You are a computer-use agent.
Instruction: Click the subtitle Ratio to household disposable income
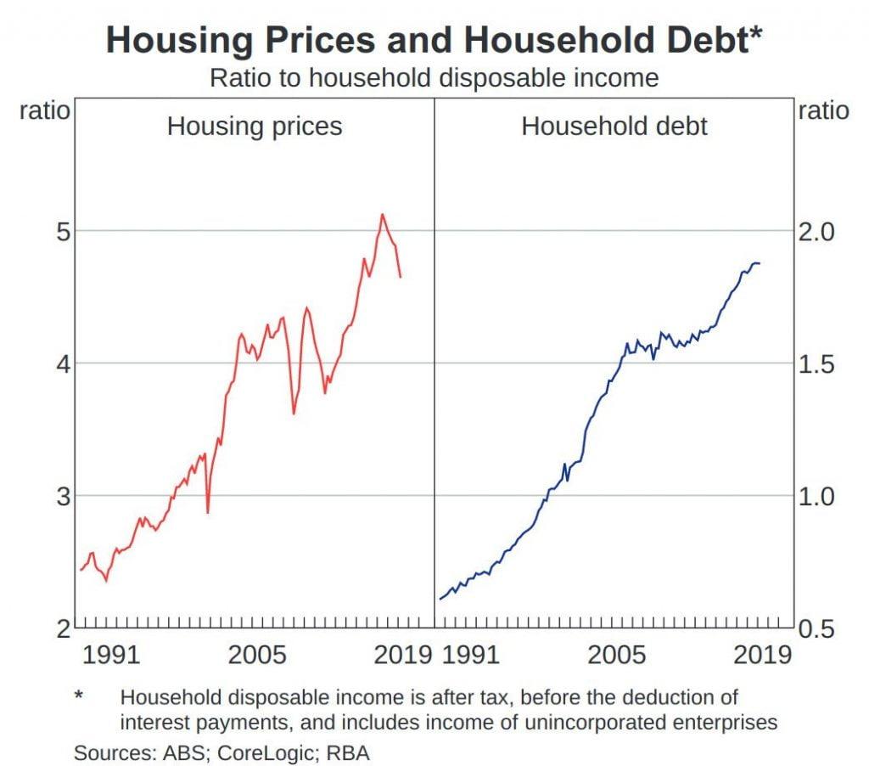pyautogui.click(x=434, y=78)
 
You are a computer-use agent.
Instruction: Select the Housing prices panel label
pyautogui.click(x=255, y=127)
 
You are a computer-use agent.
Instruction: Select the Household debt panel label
pyautogui.click(x=614, y=127)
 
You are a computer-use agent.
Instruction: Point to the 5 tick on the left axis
pyautogui.click(x=63, y=231)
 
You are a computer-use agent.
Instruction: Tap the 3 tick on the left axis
pyautogui.click(x=63, y=496)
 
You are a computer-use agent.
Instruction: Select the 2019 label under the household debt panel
pyautogui.click(x=762, y=655)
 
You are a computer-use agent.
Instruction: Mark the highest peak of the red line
pyautogui.click(x=383, y=214)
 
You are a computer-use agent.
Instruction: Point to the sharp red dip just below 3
pyautogui.click(x=207, y=512)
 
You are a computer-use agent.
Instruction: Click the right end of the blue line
pyautogui.click(x=760, y=263)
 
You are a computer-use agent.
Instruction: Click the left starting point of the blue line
pyautogui.click(x=440, y=600)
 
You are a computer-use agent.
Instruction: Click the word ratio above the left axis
pyautogui.click(x=44, y=110)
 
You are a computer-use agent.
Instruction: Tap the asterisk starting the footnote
pyautogui.click(x=79, y=696)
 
